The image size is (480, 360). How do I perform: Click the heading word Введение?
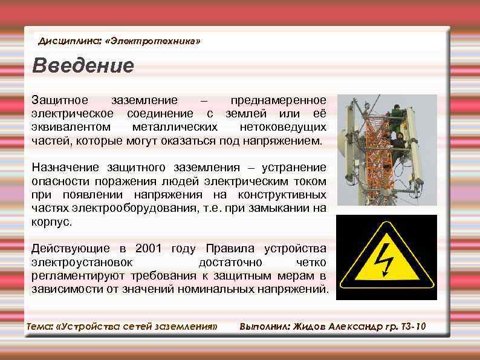click(83, 65)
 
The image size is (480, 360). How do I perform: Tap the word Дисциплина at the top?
click(69, 41)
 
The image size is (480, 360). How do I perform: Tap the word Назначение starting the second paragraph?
click(67, 168)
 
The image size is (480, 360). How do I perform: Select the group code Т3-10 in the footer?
click(414, 327)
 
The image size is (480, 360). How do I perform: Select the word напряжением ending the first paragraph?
click(282, 141)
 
